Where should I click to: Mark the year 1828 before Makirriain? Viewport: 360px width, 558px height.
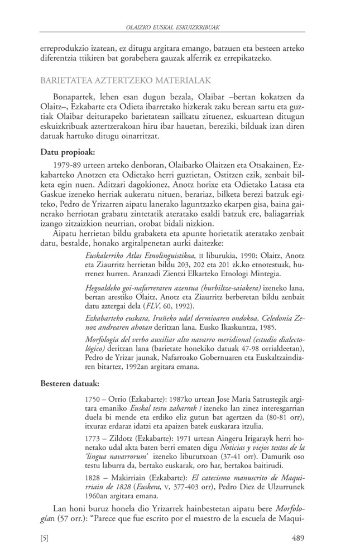90,481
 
